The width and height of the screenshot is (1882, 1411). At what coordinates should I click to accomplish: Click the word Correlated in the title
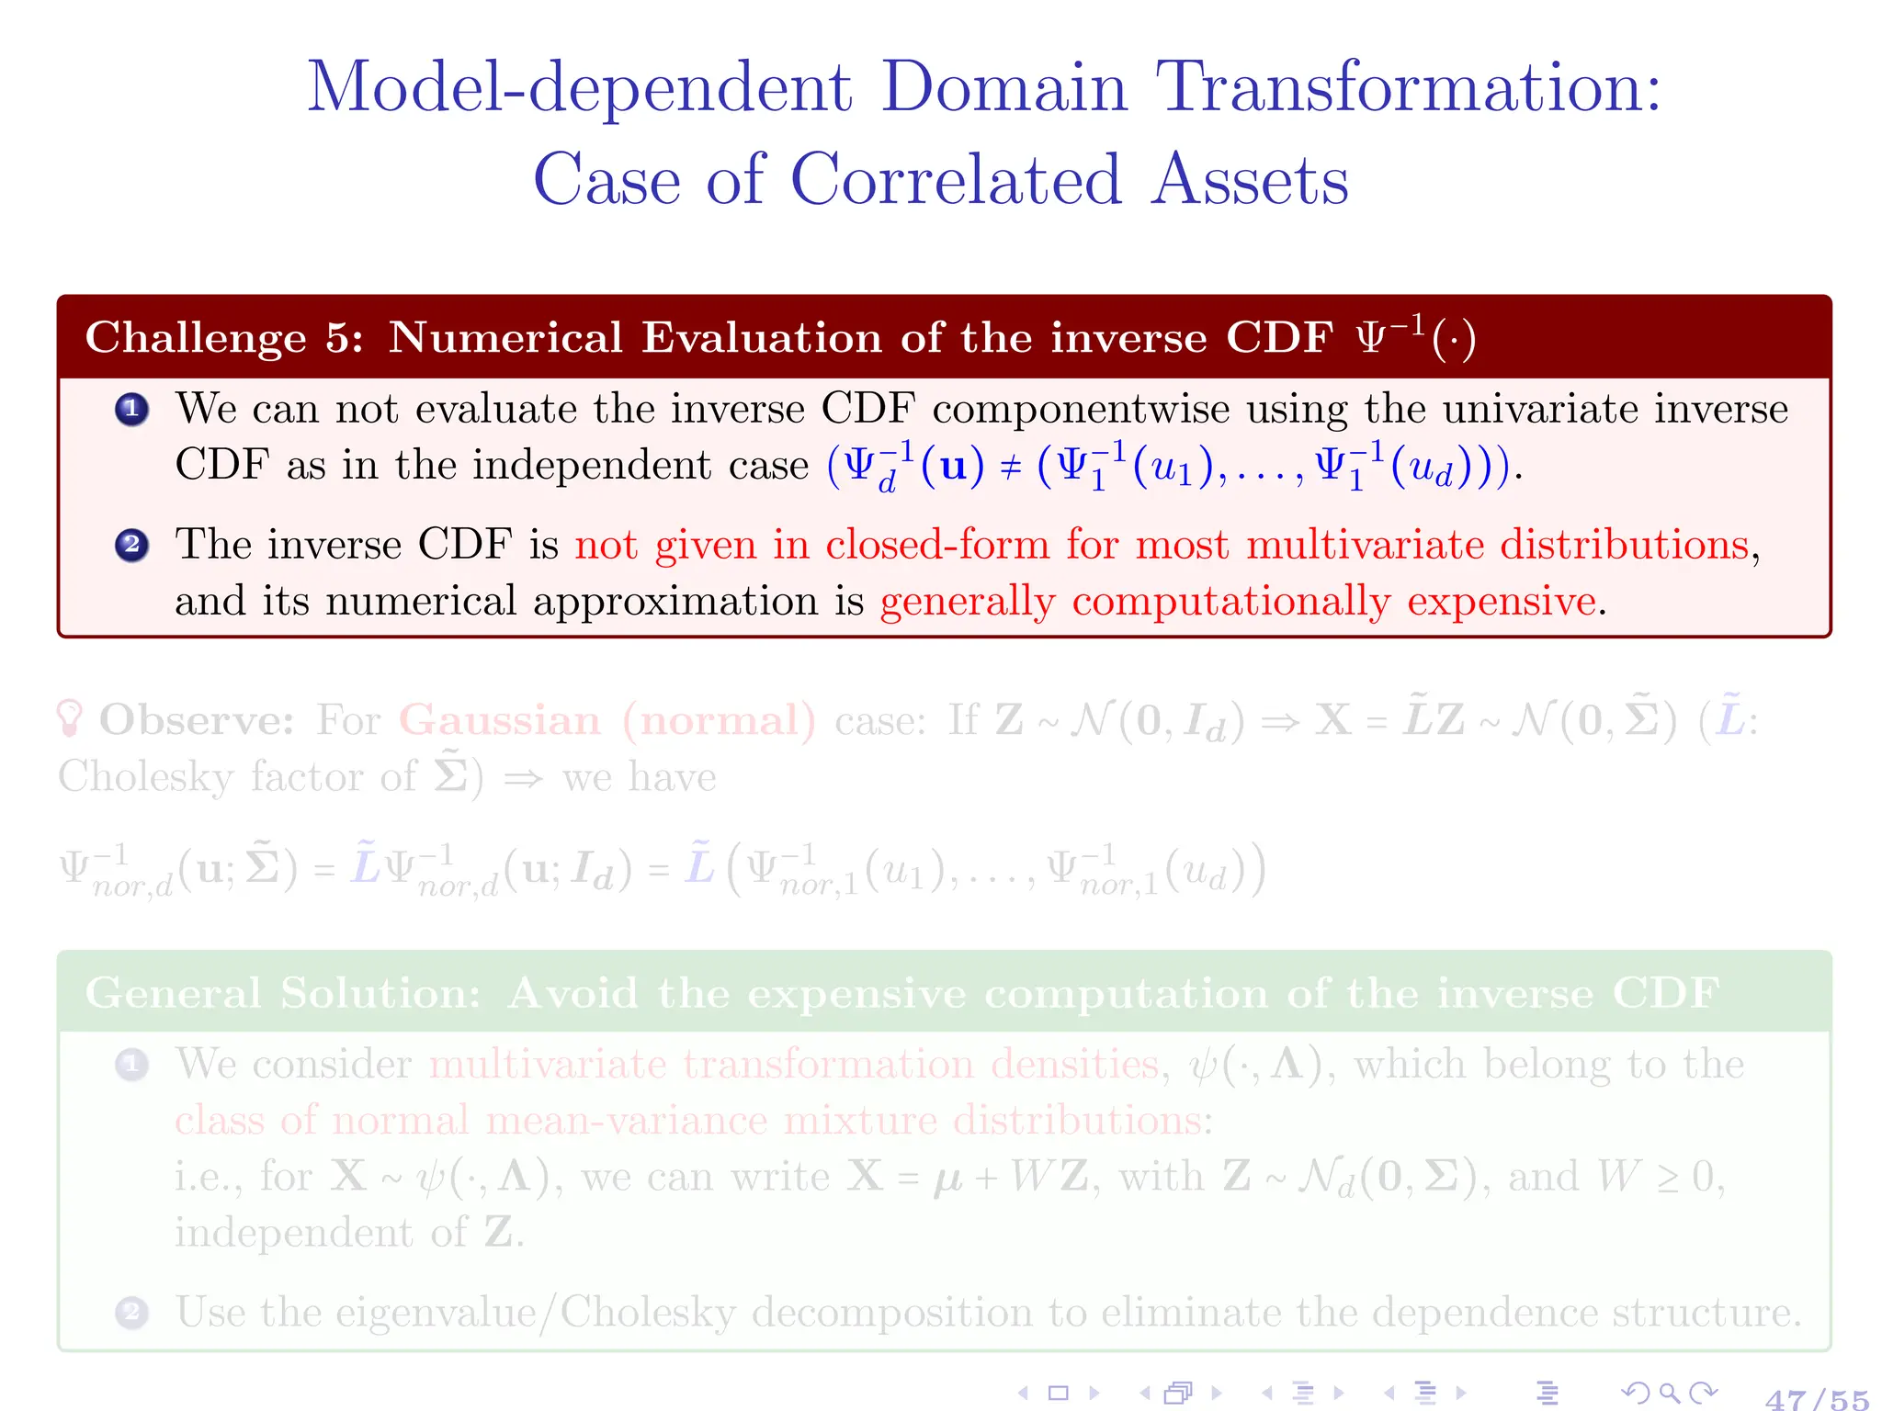pyautogui.click(x=956, y=180)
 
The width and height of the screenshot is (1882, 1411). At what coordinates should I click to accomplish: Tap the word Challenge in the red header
pyautogui.click(x=196, y=338)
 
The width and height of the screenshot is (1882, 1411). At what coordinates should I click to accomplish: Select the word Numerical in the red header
pyautogui.click(x=505, y=338)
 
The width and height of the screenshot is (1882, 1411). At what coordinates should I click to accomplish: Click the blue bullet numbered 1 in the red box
pyautogui.click(x=132, y=409)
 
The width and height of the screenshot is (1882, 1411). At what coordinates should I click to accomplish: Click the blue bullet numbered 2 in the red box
pyautogui.click(x=132, y=545)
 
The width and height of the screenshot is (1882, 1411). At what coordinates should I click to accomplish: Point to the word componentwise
pyautogui.click(x=1081, y=410)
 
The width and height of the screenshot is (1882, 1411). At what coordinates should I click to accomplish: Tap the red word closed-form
pyautogui.click(x=937, y=545)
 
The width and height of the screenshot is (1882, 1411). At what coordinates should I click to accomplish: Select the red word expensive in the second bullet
pyautogui.click(x=1502, y=602)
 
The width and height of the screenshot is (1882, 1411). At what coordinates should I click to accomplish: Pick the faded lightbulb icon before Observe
pyautogui.click(x=70, y=718)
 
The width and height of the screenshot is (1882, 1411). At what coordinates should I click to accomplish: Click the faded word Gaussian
pyautogui.click(x=499, y=720)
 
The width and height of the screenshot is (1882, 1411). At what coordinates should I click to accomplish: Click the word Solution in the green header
pyautogui.click(x=380, y=993)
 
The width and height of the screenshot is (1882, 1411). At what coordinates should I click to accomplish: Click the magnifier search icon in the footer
pyautogui.click(x=1670, y=1394)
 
